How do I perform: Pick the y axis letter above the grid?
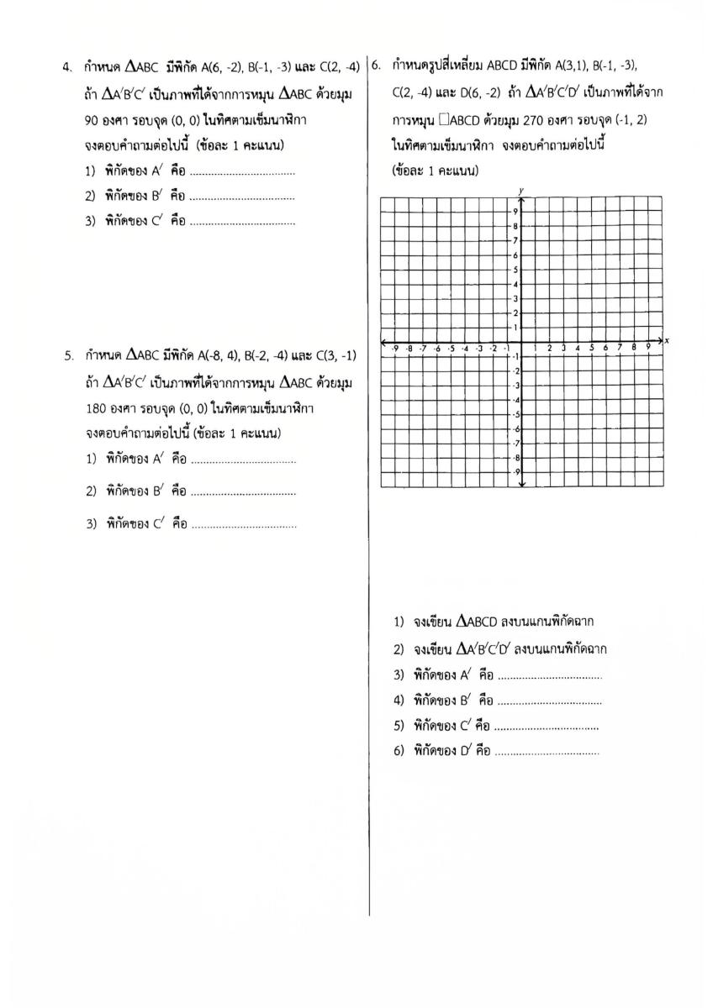521,192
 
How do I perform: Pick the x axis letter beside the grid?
667,340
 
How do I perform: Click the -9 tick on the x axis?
395,347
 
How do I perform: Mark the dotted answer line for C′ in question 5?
244,525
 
